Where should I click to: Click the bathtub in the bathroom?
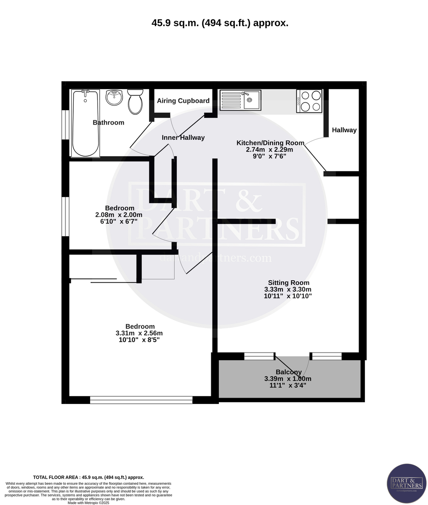coord(85,123)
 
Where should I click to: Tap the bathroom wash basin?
coord(114,97)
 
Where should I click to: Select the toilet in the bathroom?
coord(135,101)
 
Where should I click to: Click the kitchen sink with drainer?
coord(240,100)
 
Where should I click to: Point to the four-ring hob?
coord(309,101)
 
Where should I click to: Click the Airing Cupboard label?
coord(183,101)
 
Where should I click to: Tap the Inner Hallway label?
coord(183,138)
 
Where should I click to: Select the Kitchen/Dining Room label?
coord(270,143)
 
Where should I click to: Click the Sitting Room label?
coord(288,283)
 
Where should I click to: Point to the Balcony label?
coord(288,372)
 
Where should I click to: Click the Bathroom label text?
coord(109,123)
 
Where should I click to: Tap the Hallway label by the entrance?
coord(344,130)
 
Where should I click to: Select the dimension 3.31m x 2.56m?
coord(139,333)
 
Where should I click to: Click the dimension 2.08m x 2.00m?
coord(119,215)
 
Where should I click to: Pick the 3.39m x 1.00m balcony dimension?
coord(287,379)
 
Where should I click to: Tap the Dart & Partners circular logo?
coord(406,483)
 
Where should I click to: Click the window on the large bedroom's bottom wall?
coord(141,400)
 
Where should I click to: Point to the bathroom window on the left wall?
coord(65,125)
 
